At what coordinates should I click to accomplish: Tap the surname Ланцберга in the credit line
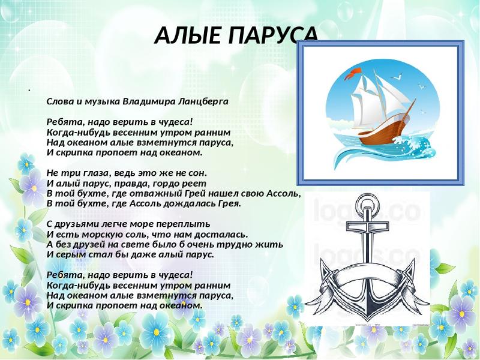pos(203,101)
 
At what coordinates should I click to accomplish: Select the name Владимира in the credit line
pos(149,101)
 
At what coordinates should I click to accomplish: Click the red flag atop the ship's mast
pos(353,73)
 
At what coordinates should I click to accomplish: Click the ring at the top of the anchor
pos(367,203)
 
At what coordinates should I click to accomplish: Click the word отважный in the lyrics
pos(156,194)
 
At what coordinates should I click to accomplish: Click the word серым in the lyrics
pos(67,254)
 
